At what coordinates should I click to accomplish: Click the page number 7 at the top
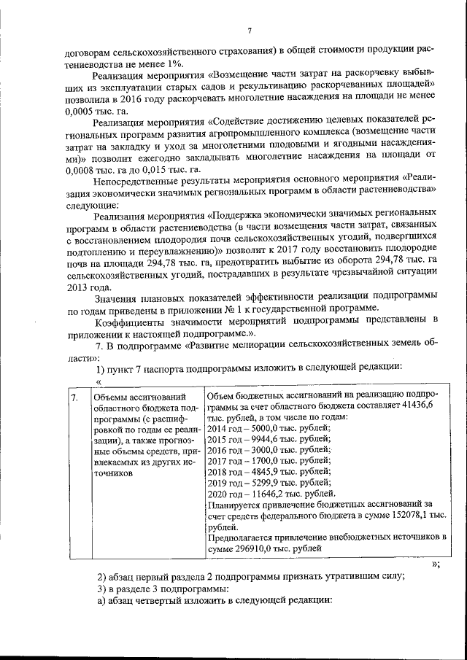(249, 30)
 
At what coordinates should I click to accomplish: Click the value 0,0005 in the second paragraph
(80, 112)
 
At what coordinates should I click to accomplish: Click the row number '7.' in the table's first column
(74, 398)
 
